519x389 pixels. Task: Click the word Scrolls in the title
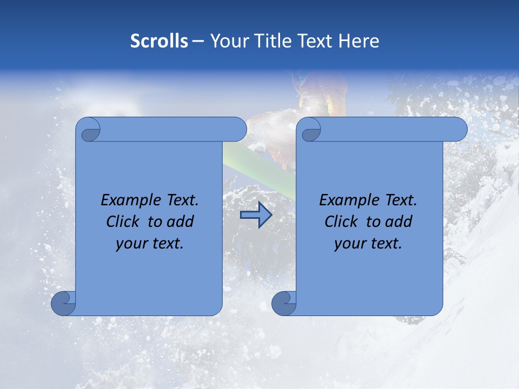point(159,41)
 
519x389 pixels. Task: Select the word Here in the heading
point(358,41)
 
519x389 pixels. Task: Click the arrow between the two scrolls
point(256,215)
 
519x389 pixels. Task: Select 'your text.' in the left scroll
point(150,244)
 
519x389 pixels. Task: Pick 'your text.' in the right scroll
point(368,244)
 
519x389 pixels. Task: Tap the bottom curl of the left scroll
point(64,303)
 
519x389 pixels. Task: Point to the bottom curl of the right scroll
point(284,303)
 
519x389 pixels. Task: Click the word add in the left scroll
point(181,222)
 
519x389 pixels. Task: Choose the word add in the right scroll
point(399,222)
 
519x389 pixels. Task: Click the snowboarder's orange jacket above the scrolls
point(324,92)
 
